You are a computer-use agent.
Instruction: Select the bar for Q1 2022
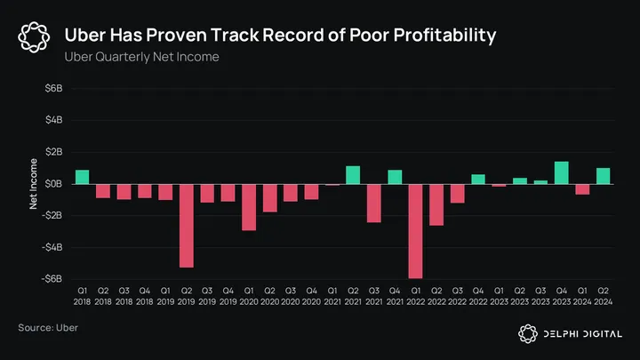pyautogui.click(x=415, y=230)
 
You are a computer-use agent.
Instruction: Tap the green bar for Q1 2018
pyautogui.click(x=82, y=176)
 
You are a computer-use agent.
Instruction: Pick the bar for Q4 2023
pyautogui.click(x=561, y=172)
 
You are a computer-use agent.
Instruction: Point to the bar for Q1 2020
pyautogui.click(x=249, y=206)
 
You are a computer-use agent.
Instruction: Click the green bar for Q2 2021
pyautogui.click(x=353, y=174)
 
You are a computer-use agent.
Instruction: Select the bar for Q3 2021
pyautogui.click(x=373, y=203)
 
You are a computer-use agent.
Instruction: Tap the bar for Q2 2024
pyautogui.click(x=603, y=175)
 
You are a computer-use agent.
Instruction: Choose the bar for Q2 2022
pyautogui.click(x=436, y=204)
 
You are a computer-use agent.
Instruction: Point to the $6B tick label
pyautogui.click(x=53, y=89)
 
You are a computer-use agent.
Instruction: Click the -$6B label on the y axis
pyautogui.click(x=52, y=278)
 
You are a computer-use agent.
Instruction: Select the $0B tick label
pyautogui.click(x=53, y=184)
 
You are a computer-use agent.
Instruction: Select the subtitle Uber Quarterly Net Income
pyautogui.click(x=141, y=57)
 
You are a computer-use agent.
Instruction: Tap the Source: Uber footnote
pyautogui.click(x=48, y=328)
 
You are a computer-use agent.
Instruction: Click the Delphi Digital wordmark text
pyautogui.click(x=583, y=333)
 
